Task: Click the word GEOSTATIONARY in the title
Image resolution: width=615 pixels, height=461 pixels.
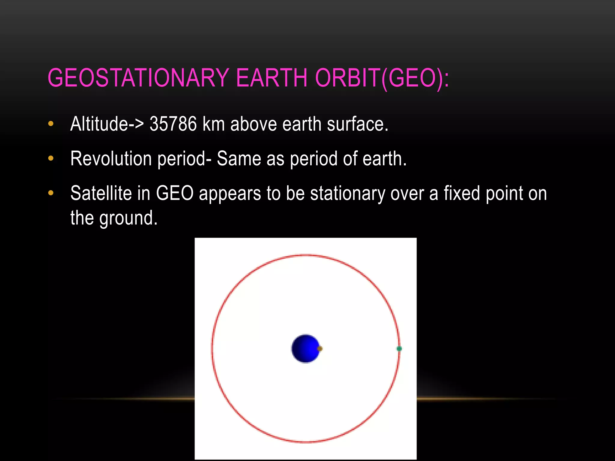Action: tap(138, 78)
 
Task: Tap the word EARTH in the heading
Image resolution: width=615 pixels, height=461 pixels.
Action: tap(272, 78)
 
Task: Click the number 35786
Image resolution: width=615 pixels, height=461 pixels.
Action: tap(173, 124)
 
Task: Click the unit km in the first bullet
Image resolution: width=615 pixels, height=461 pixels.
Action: tap(214, 124)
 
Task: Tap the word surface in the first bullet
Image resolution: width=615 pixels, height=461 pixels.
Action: tap(357, 124)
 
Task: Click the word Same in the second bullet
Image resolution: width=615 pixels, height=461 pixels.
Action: tap(239, 158)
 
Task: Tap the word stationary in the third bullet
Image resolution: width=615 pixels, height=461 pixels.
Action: tap(347, 194)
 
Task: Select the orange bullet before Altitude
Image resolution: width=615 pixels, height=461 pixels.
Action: tap(51, 124)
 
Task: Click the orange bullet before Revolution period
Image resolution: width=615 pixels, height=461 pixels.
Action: tap(51, 158)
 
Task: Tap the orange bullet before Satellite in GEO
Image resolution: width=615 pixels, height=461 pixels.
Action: tap(51, 193)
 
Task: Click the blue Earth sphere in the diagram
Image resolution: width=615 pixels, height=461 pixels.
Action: tap(305, 348)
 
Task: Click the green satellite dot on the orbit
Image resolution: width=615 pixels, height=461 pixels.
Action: tap(399, 348)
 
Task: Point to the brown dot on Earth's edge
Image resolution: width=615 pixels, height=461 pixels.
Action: tap(320, 348)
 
